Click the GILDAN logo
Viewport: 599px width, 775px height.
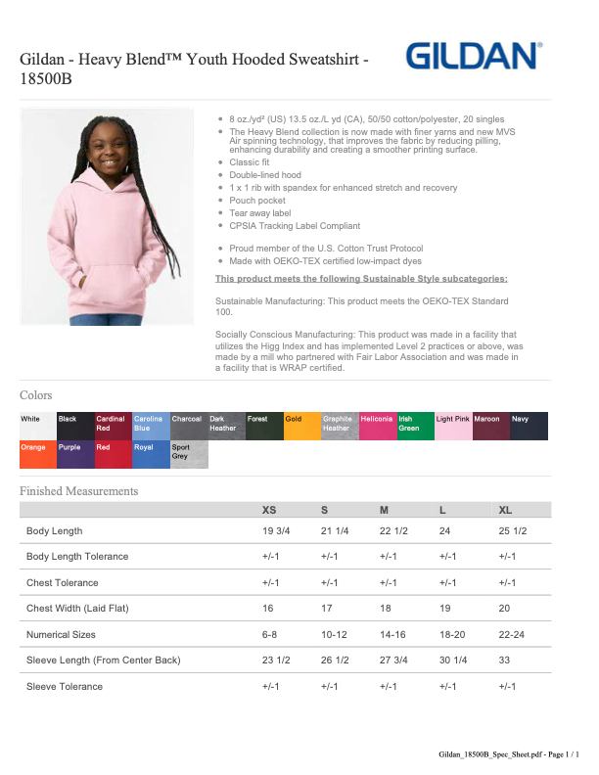475,56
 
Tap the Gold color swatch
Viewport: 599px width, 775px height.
301,427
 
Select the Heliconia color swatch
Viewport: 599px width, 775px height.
377,427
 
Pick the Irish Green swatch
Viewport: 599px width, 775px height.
415,427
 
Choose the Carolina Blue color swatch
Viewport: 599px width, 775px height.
151,427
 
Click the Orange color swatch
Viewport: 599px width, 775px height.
37,455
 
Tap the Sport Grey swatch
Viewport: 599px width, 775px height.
189,455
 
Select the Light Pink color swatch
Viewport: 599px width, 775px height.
453,427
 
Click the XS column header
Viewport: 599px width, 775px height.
269,510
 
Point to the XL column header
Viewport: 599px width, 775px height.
505,510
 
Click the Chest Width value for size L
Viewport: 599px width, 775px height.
445,609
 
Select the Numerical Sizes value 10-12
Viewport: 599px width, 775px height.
334,635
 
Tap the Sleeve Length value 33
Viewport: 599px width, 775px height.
505,661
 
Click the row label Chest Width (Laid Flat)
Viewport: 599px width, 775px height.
77,609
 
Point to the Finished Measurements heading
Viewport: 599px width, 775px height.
79,491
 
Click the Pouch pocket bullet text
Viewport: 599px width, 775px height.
257,201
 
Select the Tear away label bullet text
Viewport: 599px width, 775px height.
260,213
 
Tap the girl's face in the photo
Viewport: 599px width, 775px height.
104,151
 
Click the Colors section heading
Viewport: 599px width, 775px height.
36,395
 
